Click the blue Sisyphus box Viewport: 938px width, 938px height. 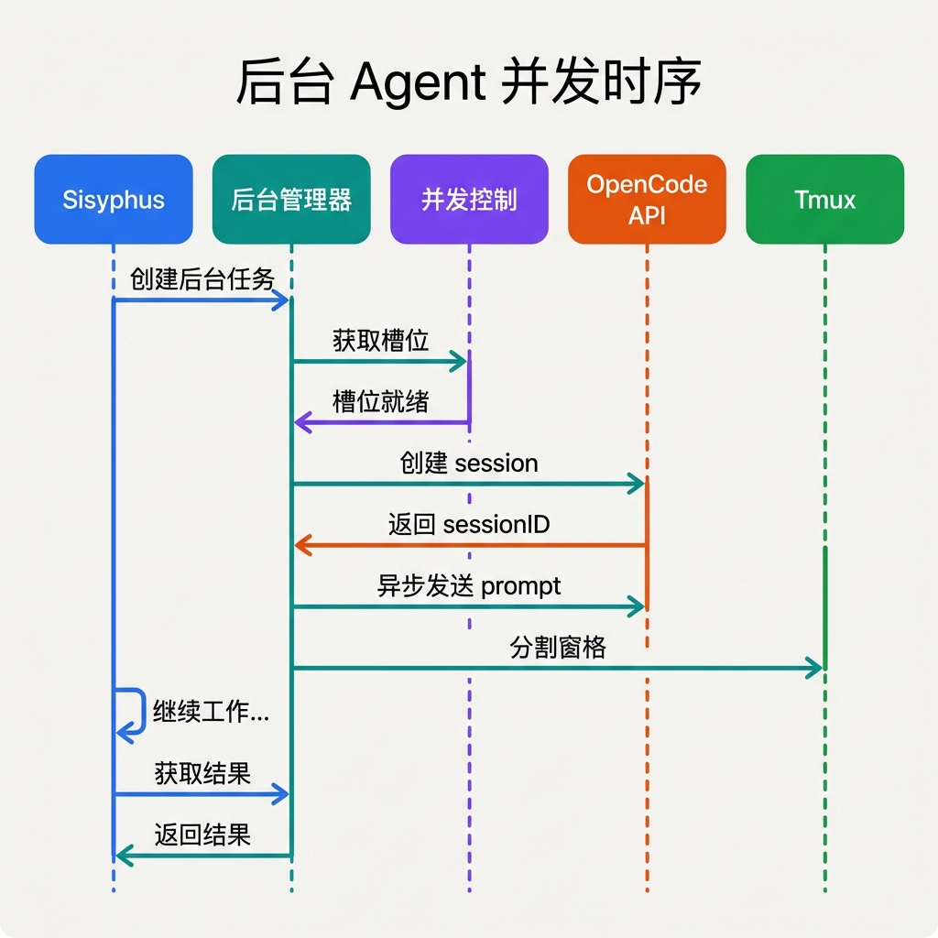pyautogui.click(x=114, y=200)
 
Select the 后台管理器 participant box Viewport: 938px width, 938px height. pyautogui.click(x=291, y=200)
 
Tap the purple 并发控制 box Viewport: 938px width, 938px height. pyautogui.click(x=469, y=200)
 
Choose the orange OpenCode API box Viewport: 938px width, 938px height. pyautogui.click(x=647, y=200)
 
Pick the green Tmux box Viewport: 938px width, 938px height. pyautogui.click(x=824, y=200)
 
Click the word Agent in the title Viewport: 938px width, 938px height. pyautogui.click(x=417, y=84)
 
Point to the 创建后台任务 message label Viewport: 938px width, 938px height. pyautogui.click(x=202, y=278)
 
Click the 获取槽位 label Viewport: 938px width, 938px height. pyautogui.click(x=380, y=341)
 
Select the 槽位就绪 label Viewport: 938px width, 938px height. pyautogui.click(x=380, y=401)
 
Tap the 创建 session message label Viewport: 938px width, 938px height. pyautogui.click(x=469, y=463)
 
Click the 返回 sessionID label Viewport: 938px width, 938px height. pyautogui.click(x=469, y=524)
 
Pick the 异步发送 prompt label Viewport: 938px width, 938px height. pyautogui.click(x=469, y=585)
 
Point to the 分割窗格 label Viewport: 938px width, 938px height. pyautogui.click(x=558, y=648)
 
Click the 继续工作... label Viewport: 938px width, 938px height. pyautogui.click(x=211, y=712)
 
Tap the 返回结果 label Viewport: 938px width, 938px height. pyautogui.click(x=202, y=834)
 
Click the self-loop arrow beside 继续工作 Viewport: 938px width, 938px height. pyautogui.click(x=135, y=712)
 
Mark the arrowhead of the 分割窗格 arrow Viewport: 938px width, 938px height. pyautogui.click(x=813, y=669)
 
